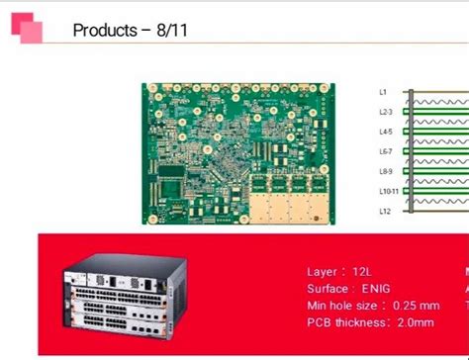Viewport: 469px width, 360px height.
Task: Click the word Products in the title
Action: [104, 30]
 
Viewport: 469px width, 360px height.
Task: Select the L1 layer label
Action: [384, 92]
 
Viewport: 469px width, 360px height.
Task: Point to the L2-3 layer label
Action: [386, 112]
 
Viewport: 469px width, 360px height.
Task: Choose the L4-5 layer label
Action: [386, 132]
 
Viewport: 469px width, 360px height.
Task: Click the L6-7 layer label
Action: [386, 151]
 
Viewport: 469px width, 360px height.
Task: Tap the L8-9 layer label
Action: [386, 170]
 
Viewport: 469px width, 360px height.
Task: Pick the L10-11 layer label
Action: [388, 190]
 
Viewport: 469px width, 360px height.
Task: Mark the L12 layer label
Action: [385, 210]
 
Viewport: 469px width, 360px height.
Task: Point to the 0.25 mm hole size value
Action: [416, 305]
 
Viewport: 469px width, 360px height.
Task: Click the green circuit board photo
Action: [245, 153]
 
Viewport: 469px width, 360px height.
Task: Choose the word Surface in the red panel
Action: [328, 288]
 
